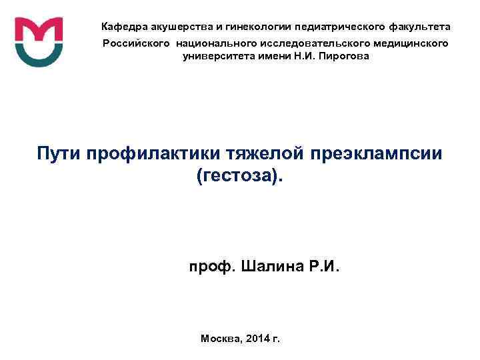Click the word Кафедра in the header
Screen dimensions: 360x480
tap(123, 27)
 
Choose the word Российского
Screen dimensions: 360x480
tap(134, 43)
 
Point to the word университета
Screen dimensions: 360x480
tap(219, 57)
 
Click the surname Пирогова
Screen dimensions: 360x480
tap(342, 57)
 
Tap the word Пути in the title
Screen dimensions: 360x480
tap(57, 155)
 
